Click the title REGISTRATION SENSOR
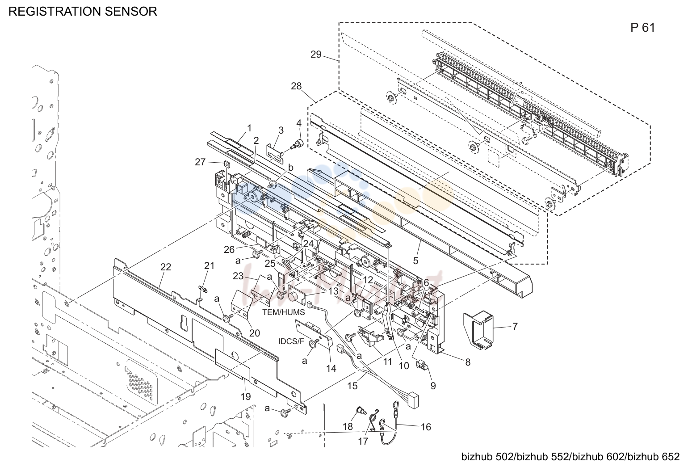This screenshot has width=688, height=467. point(83,11)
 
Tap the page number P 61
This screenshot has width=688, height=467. point(642,28)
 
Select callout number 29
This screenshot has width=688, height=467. point(316,55)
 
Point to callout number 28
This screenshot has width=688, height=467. point(296,86)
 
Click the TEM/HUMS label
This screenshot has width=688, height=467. point(284,312)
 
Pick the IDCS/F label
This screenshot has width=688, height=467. point(291,341)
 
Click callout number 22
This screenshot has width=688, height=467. point(166,267)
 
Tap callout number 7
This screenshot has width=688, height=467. point(515,326)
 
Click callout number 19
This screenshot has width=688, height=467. point(246,397)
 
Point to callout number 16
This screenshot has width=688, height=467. point(426,427)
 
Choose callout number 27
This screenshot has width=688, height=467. point(200,162)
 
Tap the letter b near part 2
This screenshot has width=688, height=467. point(290,168)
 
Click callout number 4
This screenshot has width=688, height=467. point(299,123)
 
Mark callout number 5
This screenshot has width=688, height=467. point(415,261)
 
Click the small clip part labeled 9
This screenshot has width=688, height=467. point(421,365)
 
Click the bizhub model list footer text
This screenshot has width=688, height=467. point(571,457)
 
